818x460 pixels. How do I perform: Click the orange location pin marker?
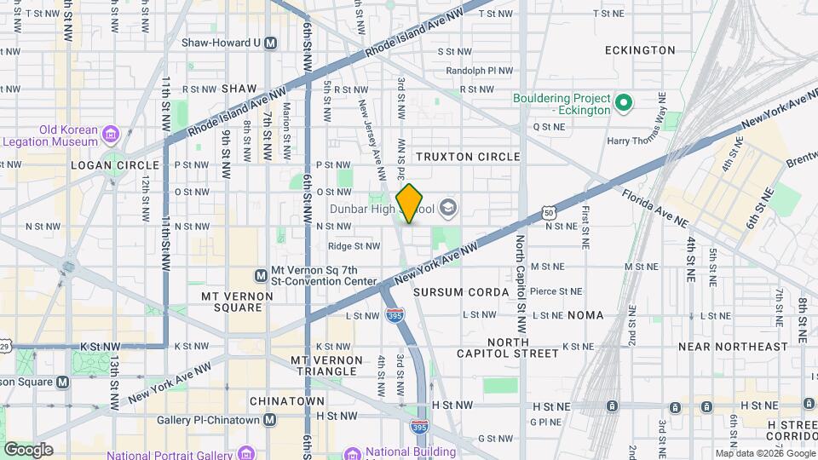tap(410, 203)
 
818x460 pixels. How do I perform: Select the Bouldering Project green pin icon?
tap(624, 104)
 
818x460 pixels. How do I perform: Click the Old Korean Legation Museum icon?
tap(110, 134)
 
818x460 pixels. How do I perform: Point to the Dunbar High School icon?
tap(448, 208)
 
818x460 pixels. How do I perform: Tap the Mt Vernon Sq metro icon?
tap(262, 275)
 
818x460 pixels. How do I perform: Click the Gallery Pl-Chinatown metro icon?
tap(270, 419)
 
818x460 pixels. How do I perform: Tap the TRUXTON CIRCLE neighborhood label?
tap(467, 157)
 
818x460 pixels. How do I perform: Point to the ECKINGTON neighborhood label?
tap(640, 50)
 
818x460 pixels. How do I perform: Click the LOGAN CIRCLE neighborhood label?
tap(115, 165)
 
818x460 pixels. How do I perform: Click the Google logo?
tap(28, 449)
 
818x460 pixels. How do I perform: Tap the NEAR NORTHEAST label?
tap(733, 347)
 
